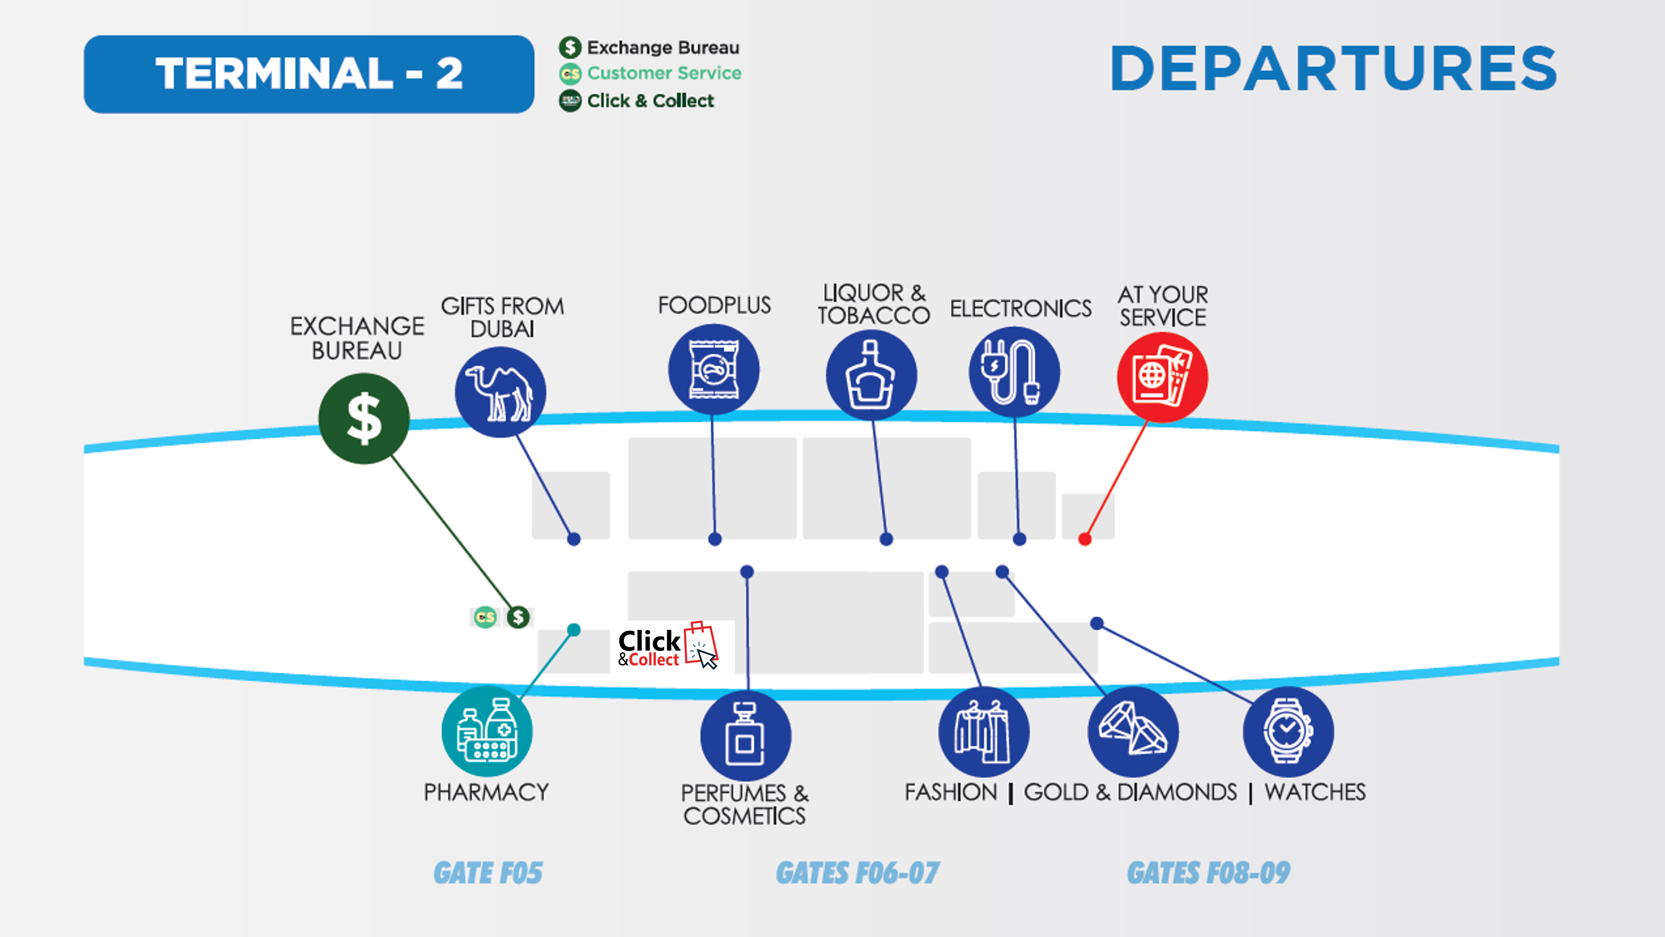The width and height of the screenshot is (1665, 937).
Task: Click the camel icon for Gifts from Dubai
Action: tap(500, 392)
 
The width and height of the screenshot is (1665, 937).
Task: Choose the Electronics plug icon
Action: tap(1013, 372)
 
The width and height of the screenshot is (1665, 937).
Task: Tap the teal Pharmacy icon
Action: tap(487, 731)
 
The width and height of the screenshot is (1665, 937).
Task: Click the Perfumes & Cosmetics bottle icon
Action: tap(745, 736)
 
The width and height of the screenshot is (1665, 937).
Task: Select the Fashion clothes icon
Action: tap(983, 731)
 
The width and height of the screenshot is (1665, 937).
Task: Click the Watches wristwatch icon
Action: tap(1288, 731)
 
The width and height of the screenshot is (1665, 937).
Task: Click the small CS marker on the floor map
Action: tap(485, 617)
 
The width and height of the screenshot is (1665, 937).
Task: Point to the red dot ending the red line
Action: tap(1085, 539)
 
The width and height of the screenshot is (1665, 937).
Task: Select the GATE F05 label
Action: tap(488, 873)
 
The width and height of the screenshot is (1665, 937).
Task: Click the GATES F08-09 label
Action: tap(1208, 873)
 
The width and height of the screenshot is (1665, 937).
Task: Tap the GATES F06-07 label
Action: tap(857, 873)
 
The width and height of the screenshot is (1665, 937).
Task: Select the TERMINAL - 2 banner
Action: tap(309, 74)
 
